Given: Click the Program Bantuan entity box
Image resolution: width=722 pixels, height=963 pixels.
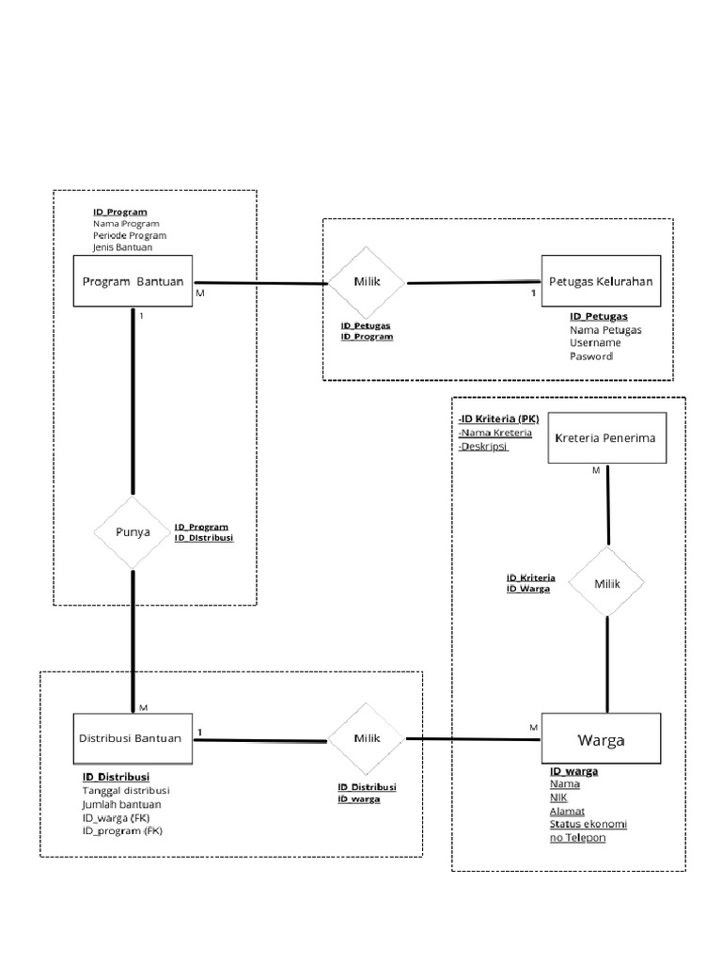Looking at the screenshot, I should click(x=133, y=281).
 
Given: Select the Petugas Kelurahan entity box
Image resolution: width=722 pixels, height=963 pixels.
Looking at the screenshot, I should click(x=601, y=281).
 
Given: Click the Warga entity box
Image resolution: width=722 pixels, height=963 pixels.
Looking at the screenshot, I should click(x=601, y=740).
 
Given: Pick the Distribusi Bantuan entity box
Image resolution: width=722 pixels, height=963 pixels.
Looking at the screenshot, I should click(x=133, y=738).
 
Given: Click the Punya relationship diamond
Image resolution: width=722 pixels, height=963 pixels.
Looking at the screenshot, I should click(x=133, y=531).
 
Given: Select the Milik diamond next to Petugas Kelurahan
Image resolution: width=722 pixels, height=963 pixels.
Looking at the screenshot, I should click(x=366, y=282).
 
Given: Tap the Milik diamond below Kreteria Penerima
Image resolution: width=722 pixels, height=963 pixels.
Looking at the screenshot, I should click(x=607, y=583).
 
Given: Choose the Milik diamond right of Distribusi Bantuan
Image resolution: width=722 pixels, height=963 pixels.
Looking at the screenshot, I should click(x=366, y=738).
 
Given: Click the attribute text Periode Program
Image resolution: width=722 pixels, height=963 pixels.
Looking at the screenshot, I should click(x=130, y=236).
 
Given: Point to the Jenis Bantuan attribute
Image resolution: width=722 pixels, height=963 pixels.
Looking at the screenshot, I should click(x=123, y=248).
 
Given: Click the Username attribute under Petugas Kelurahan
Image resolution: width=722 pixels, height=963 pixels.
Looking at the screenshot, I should click(x=595, y=343).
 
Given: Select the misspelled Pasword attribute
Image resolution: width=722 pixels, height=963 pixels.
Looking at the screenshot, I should click(x=591, y=356).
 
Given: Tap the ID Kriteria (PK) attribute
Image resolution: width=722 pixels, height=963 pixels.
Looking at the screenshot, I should click(x=498, y=418).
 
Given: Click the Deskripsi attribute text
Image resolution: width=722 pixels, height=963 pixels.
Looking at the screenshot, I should click(x=484, y=447).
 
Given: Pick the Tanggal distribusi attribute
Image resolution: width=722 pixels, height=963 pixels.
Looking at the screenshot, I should click(x=126, y=791).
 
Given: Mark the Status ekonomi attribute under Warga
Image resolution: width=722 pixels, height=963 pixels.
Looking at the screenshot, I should click(x=589, y=824).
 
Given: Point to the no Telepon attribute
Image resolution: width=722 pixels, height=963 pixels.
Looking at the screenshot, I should click(x=578, y=837).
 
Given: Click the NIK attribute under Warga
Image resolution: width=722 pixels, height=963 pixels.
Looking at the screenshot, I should click(x=559, y=797).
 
